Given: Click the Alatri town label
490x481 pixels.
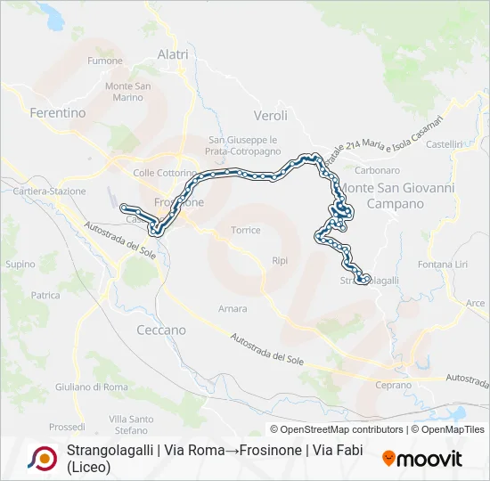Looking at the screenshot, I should [173, 54].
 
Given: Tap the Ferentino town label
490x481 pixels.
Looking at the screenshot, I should [58, 113].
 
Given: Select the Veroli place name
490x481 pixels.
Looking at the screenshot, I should [271, 116].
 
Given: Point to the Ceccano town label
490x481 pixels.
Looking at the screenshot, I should [161, 330].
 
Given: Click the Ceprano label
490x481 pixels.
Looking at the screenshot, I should [394, 385].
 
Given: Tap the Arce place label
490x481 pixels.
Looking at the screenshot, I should [476, 303].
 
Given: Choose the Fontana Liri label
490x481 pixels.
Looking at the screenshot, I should [443, 265].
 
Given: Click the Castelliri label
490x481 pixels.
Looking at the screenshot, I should [445, 144].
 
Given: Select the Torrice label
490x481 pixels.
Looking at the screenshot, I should [246, 230].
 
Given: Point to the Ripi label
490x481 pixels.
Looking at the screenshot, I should [280, 261].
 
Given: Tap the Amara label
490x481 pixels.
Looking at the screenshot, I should [233, 309].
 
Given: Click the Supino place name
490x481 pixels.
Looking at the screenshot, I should [20, 265].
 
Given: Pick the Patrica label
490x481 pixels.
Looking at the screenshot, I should [45, 295].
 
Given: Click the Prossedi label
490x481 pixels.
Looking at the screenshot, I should [67, 427].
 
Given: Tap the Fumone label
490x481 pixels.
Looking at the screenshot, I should [105, 61].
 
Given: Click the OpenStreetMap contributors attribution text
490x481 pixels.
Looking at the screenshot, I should [337, 429].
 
